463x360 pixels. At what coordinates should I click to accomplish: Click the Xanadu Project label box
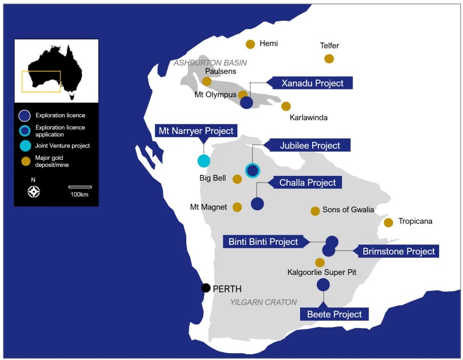coord(312,83)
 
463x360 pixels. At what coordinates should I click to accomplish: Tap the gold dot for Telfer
coord(329,59)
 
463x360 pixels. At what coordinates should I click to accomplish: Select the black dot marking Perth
coord(206,288)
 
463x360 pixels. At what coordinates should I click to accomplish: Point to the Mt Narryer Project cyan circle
coord(204,161)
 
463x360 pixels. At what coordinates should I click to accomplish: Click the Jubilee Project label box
coord(309,145)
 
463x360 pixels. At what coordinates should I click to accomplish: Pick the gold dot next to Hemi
coord(250,44)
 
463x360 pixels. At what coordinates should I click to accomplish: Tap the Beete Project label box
coord(334,314)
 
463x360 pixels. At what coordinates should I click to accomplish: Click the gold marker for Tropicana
coord(389,223)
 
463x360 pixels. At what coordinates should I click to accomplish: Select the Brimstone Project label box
coord(398,251)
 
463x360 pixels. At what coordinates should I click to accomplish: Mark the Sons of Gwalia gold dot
coord(315,211)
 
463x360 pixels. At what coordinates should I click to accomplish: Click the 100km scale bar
coord(80,187)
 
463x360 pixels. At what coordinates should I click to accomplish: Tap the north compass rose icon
coord(34,192)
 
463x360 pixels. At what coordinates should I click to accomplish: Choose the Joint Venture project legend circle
coord(25,146)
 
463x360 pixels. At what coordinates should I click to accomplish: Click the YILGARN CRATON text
coord(263,302)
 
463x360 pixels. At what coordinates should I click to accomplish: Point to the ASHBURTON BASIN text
coord(210,63)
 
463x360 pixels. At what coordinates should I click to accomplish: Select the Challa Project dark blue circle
coord(257,204)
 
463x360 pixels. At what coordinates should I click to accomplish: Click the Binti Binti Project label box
coord(263,241)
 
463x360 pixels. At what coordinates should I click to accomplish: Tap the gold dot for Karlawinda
coord(286,106)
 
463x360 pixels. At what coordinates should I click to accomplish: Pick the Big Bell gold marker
coord(237,179)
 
